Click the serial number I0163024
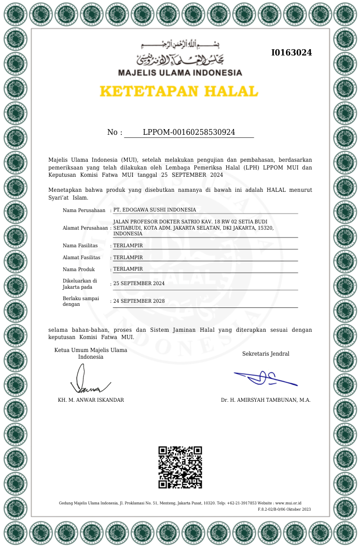292,52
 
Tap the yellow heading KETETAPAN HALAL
178,91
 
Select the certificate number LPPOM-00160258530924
189,132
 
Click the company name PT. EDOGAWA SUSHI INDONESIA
155,210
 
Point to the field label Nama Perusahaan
84,210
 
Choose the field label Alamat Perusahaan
86,228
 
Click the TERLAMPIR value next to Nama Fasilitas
128,246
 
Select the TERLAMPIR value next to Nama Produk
128,269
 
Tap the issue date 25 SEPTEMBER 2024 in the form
139,284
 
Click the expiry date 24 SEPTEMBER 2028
139,301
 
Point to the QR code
180,467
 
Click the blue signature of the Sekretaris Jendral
265,378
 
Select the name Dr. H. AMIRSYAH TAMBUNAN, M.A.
266,400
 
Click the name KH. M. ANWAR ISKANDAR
91,400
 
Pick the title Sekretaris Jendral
266,354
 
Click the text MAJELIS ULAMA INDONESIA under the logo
180,73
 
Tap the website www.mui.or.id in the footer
288,503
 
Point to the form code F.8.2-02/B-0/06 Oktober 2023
284,510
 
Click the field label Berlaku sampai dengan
81,301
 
